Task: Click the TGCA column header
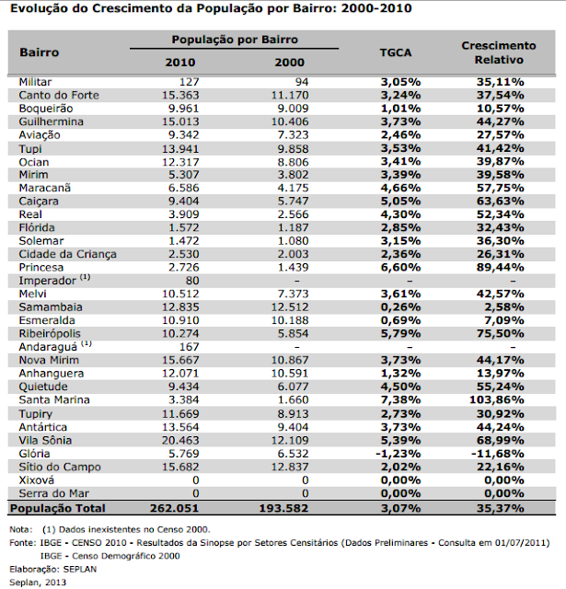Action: pyautogui.click(x=400, y=52)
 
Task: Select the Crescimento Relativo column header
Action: pyautogui.click(x=498, y=52)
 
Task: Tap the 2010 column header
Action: pyautogui.click(x=179, y=62)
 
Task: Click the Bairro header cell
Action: pyautogui.click(x=40, y=52)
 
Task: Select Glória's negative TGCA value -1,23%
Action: pyautogui.click(x=399, y=453)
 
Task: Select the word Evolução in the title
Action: pyautogui.click(x=40, y=8)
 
